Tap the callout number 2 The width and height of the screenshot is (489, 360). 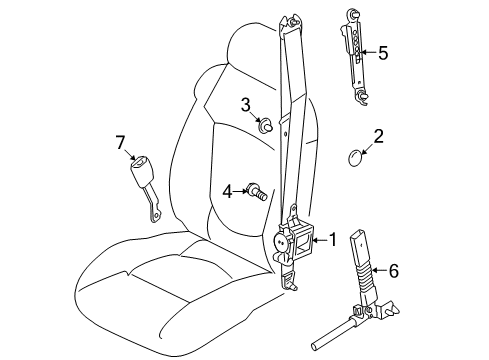[x=378, y=135]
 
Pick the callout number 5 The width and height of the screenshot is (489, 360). [x=381, y=52]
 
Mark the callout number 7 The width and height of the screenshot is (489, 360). [x=121, y=143]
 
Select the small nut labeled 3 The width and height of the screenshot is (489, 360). [x=267, y=126]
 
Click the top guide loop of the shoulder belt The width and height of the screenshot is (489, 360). [x=290, y=22]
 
